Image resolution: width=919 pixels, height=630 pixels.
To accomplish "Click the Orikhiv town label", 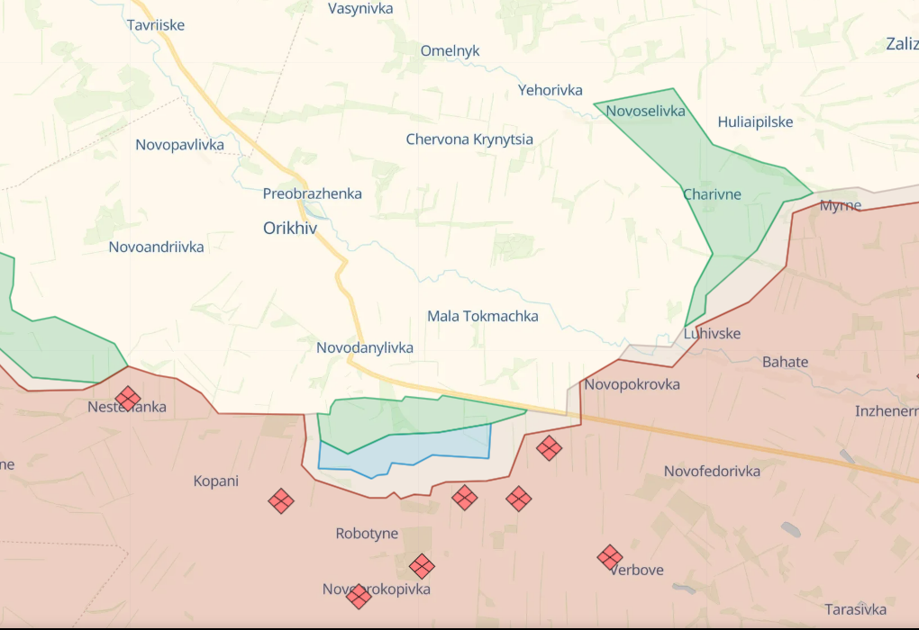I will tap(290, 229).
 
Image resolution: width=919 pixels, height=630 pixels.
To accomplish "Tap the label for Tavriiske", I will tap(156, 25).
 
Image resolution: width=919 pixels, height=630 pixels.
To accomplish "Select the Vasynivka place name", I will tap(360, 9).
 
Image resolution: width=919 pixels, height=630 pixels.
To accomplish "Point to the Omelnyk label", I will tap(450, 51).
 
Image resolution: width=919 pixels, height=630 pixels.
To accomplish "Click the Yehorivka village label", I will tap(550, 90).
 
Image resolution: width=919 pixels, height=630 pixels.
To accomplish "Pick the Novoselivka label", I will tap(646, 112).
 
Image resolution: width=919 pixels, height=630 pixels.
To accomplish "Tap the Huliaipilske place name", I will tap(755, 121).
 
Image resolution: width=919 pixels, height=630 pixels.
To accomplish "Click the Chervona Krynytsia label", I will tap(469, 139).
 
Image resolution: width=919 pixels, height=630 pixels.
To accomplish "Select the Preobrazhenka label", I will tap(313, 193).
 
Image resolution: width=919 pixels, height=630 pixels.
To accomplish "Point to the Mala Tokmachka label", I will tap(483, 316).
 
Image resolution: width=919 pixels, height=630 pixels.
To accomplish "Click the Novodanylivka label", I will tap(365, 347).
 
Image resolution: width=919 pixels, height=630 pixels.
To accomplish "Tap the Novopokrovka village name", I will tap(632, 384).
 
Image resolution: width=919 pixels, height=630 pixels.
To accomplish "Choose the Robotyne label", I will tap(367, 534).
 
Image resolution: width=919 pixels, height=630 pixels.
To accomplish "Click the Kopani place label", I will tap(216, 481).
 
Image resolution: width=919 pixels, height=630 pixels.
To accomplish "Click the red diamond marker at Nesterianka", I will tap(128, 398).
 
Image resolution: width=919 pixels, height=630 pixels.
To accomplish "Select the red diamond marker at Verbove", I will tap(610, 557).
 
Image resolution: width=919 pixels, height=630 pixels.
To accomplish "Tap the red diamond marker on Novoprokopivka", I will tap(359, 596).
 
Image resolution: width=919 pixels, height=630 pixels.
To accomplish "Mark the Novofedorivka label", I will tap(712, 472).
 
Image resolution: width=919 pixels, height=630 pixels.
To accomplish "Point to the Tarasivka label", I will tap(855, 609).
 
